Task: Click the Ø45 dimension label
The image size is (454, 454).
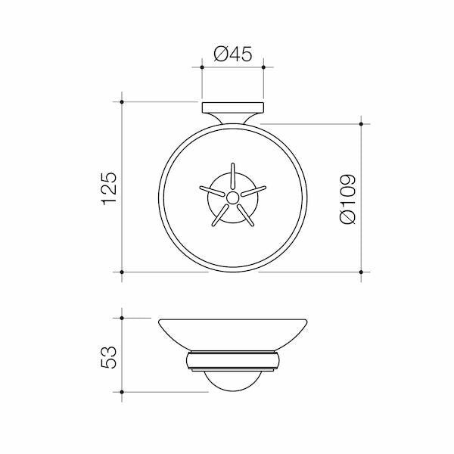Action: [233, 54]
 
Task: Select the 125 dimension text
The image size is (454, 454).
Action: [110, 188]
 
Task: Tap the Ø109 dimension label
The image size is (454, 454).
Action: [347, 199]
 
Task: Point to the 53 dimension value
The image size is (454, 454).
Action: [109, 357]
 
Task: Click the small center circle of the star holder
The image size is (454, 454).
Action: [232, 197]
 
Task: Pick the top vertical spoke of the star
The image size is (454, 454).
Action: [232, 176]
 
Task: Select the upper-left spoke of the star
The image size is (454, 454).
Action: [212, 191]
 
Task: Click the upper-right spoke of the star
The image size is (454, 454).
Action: [253, 191]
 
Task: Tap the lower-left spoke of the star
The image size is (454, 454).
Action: [220, 215]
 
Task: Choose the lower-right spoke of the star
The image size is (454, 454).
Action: [245, 215]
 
